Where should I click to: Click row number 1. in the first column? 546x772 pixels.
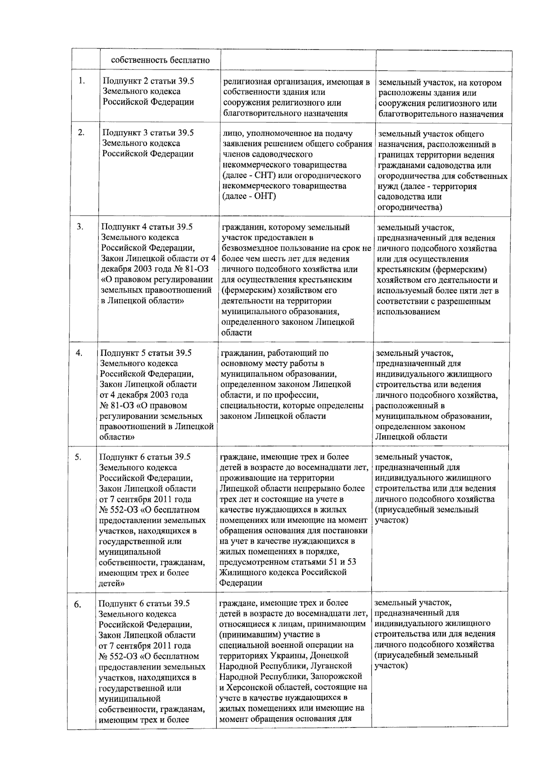[x=81, y=81]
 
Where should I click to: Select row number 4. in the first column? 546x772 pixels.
[x=79, y=353]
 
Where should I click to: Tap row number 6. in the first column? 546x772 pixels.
[x=78, y=604]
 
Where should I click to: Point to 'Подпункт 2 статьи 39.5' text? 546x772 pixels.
[x=148, y=81]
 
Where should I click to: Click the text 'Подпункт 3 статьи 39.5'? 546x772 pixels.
[x=148, y=133]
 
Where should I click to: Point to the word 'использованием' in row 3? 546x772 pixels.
[x=408, y=312]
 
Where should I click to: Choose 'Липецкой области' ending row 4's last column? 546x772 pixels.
[x=411, y=437]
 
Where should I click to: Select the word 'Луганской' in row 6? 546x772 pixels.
[x=334, y=666]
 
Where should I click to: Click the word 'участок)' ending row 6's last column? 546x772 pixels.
[x=390, y=666]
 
